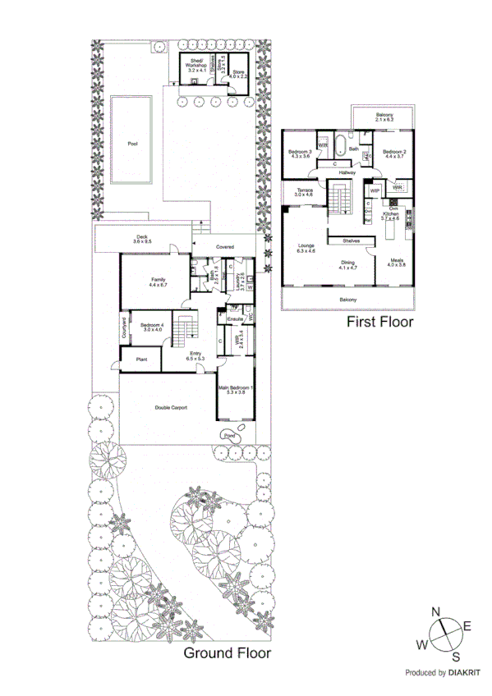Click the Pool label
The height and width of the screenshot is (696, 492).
pos(132,144)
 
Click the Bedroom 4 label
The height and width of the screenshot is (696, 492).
pos(152,326)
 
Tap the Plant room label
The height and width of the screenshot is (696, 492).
pos(140,358)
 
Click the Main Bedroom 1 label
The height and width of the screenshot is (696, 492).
pos(236,390)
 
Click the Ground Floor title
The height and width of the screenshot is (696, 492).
pos(226,653)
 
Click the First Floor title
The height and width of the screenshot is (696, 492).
pos(379,322)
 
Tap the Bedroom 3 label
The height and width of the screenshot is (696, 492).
pos(300,154)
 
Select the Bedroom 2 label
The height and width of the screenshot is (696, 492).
pos(394,154)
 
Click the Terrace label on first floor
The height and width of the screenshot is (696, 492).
pos(304,193)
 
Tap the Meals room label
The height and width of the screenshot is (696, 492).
pos(398,263)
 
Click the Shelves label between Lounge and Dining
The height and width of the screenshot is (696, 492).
pos(353,240)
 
